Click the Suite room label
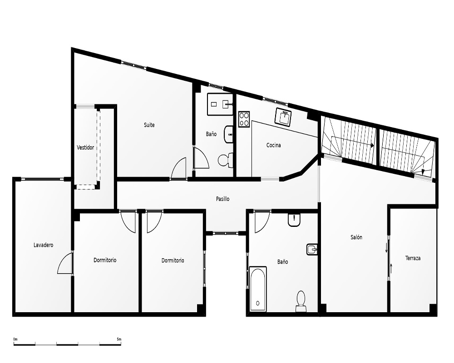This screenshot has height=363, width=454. coord(149,125)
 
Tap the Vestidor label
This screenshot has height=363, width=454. coord(85,147)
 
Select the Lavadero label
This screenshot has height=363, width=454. coord(44,245)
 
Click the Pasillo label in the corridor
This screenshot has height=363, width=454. coord(222,199)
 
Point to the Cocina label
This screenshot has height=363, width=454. coord(274,145)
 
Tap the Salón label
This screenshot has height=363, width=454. coord(356,237)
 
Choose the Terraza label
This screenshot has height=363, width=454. coord(413,258)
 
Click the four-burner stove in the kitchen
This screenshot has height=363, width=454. coord(244,119)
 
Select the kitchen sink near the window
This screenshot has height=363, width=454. coord(283,117)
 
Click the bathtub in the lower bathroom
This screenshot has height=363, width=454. coord(258,289)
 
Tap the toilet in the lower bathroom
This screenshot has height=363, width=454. coord(301,301)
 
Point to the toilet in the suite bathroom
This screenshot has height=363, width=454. coord(225,160)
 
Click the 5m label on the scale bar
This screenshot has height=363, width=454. coord(119,339)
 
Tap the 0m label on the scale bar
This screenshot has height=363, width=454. coord(15,339)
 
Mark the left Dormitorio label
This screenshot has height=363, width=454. coord(105,260)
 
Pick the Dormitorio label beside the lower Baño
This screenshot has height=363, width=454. coord(173,260)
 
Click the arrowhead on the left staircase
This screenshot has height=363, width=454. coord(372,145)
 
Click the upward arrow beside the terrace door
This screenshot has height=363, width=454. coord(391,268)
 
